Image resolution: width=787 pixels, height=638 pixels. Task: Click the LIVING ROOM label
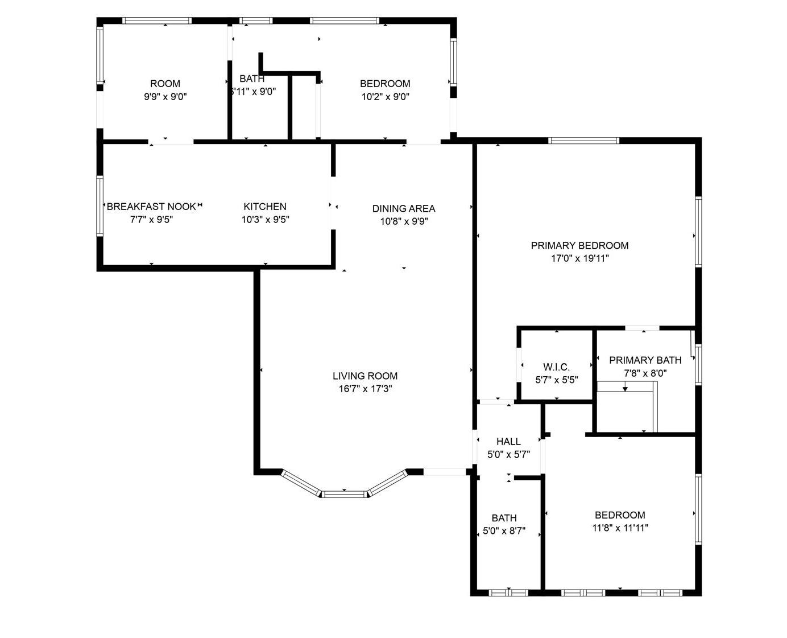click(x=364, y=376)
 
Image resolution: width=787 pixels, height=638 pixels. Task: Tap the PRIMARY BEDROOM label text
click(x=579, y=245)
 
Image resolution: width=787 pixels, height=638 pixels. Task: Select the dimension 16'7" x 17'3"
click(x=365, y=389)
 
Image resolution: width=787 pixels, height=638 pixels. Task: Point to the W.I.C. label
click(x=556, y=367)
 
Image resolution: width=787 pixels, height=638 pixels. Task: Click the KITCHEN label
click(x=265, y=207)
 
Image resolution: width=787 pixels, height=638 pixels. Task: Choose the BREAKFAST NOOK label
click(x=151, y=207)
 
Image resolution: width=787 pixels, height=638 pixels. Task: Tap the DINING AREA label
click(x=404, y=209)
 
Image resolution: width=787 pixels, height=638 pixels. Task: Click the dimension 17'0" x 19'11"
click(x=579, y=258)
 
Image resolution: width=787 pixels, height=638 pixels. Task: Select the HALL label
click(x=508, y=441)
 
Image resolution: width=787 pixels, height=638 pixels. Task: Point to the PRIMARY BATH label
click(x=645, y=360)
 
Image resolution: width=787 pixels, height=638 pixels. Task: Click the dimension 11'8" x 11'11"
click(x=620, y=528)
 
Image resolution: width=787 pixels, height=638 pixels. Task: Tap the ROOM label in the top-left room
click(x=165, y=84)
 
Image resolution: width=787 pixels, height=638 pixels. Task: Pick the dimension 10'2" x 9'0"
click(x=385, y=97)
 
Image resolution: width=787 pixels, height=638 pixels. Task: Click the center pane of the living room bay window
click(x=344, y=494)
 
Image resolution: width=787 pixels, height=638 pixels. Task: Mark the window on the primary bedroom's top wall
click(x=583, y=141)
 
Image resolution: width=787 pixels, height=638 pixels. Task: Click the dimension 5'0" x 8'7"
click(x=504, y=531)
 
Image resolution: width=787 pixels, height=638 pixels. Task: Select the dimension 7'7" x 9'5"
click(x=151, y=219)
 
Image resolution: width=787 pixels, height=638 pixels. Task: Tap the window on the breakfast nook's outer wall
click(x=100, y=205)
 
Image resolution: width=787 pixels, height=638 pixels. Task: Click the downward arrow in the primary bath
click(x=625, y=386)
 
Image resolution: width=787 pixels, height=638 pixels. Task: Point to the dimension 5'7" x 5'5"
click(x=557, y=380)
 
